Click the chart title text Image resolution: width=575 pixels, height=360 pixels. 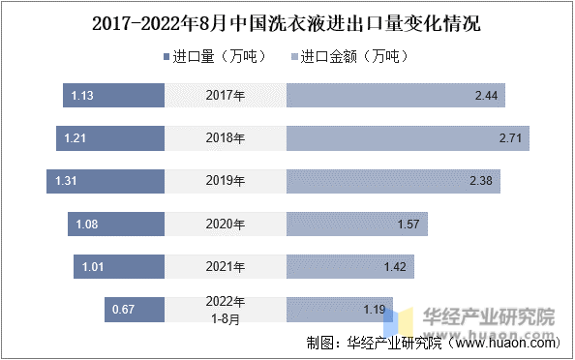[x=287, y=22]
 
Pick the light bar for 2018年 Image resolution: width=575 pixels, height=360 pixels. [x=407, y=138]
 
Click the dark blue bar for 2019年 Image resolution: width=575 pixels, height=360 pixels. [x=106, y=181]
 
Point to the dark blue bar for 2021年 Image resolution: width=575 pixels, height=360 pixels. [x=119, y=267]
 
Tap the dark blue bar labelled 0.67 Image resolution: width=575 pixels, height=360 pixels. [x=135, y=310]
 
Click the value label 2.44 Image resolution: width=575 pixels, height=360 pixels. [x=485, y=96]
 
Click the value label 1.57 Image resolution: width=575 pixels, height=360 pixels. [x=408, y=225]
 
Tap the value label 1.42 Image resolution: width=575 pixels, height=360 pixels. [x=394, y=267]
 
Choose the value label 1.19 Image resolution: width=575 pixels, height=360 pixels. [x=375, y=310]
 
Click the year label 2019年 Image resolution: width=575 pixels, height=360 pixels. [x=226, y=181]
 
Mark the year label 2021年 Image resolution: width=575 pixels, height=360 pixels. [x=226, y=267]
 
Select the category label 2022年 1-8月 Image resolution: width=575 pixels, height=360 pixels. [x=226, y=309]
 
